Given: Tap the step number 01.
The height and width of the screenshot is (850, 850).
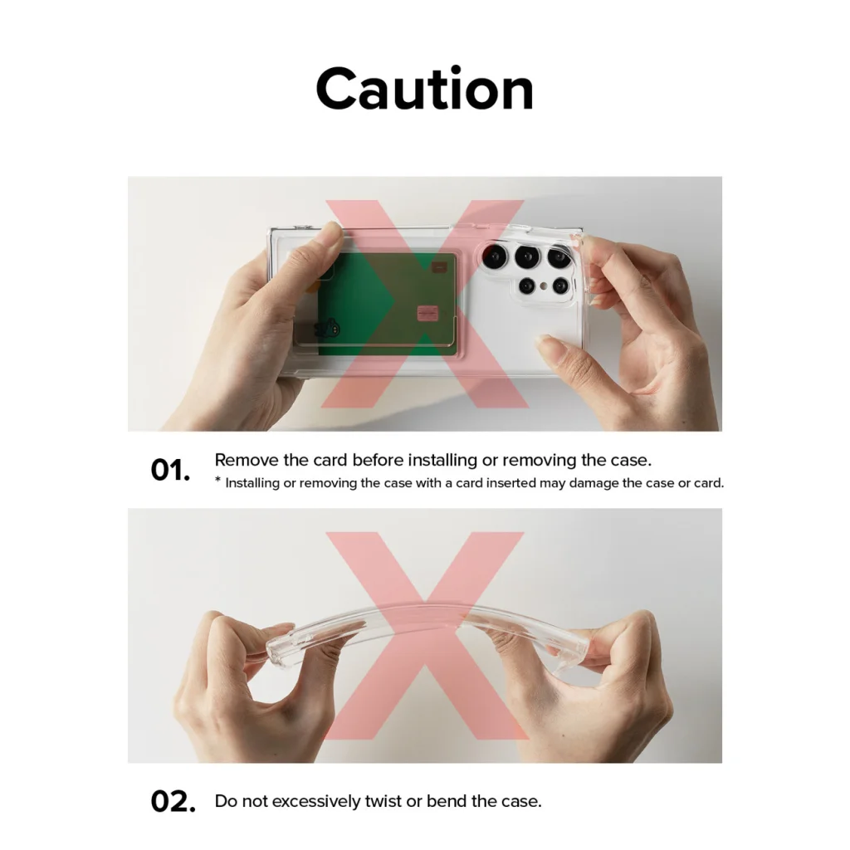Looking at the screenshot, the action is pos(170,470).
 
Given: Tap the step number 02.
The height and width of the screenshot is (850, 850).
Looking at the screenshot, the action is pos(173,802).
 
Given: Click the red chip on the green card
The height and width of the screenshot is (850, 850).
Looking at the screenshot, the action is pos(427,313).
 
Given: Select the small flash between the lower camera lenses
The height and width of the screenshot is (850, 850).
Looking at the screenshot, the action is pos(544,285).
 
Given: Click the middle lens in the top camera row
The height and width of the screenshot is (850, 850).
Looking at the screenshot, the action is pos(527,256).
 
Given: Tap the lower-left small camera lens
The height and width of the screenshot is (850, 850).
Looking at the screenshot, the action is pos(527,286).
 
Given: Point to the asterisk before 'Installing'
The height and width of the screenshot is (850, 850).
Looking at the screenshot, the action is pos(218,480).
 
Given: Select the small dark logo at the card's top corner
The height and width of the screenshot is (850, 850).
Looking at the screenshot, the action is pos(439,266).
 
